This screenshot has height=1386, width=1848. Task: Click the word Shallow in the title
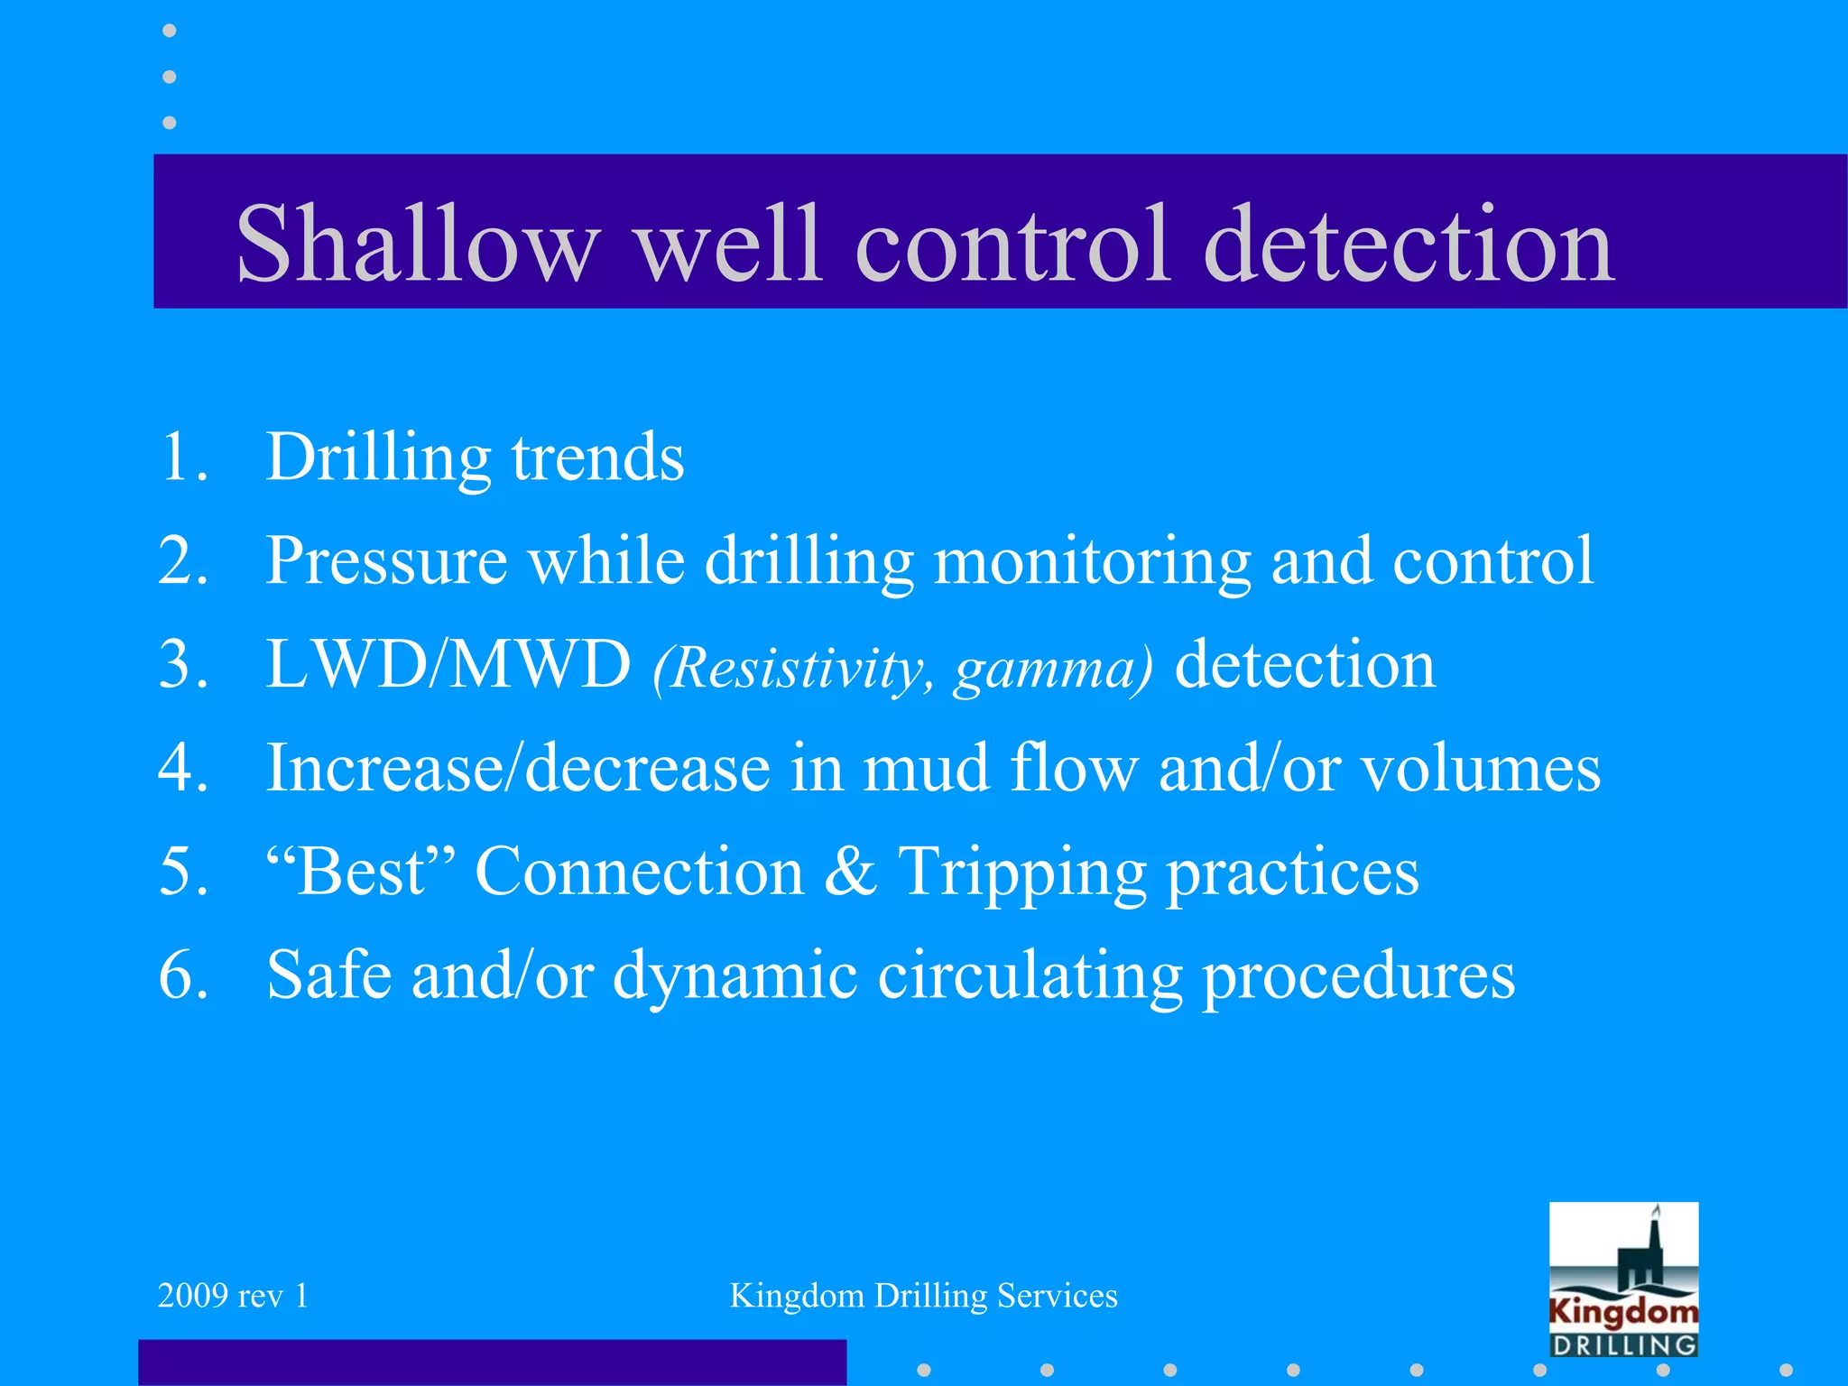tap(418, 244)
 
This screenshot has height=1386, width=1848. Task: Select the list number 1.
tap(183, 457)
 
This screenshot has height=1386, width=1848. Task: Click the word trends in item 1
tap(597, 457)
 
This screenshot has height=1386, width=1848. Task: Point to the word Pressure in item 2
tap(386, 561)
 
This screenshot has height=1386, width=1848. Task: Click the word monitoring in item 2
tap(1092, 561)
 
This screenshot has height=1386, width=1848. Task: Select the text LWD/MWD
tap(448, 665)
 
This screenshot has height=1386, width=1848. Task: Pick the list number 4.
tap(183, 769)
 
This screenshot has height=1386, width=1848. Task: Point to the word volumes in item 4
tap(1480, 769)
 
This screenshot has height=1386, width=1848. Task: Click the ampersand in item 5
tap(850, 872)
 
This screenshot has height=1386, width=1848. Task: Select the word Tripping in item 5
tap(1022, 872)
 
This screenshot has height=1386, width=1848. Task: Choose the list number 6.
tap(183, 976)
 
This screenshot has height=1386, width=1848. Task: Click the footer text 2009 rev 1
tap(233, 1296)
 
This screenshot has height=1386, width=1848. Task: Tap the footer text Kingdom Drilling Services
tap(923, 1296)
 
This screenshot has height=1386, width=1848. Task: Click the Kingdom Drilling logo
tap(1623, 1280)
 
